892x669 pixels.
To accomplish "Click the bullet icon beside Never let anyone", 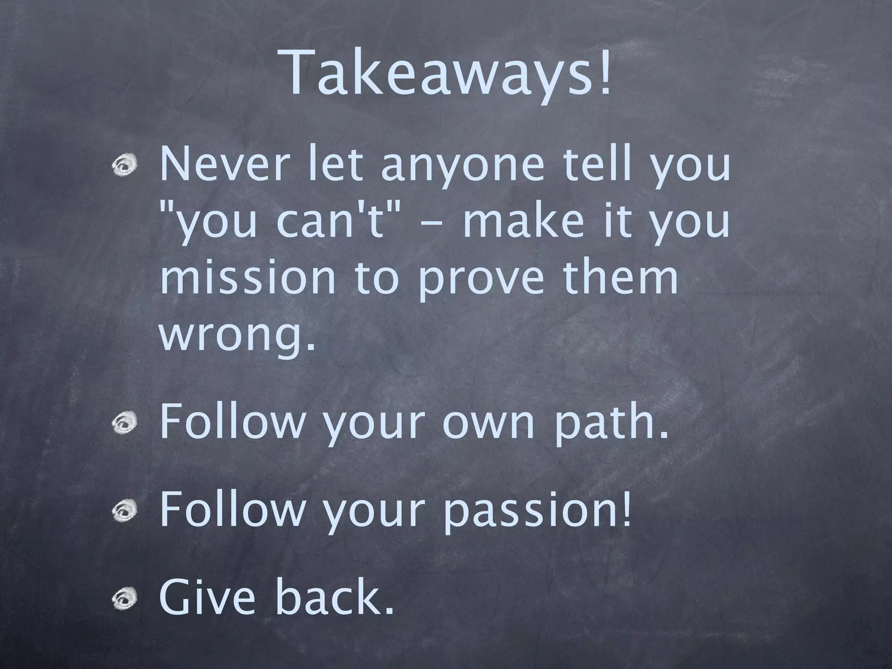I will coord(126,167).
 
